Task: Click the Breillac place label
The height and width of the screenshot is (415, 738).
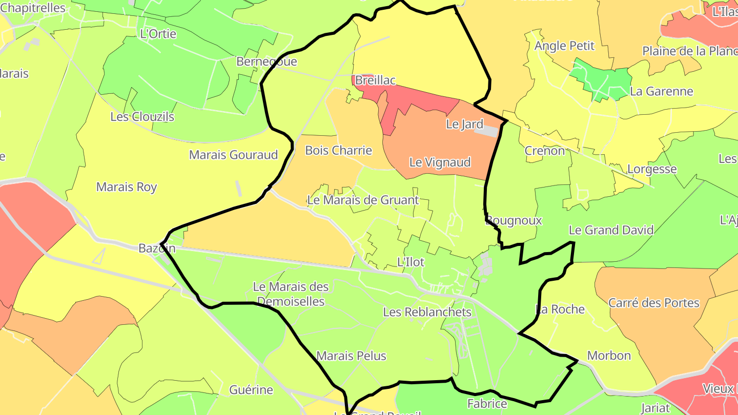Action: coord(376,80)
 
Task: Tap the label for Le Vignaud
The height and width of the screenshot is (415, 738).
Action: coord(440,162)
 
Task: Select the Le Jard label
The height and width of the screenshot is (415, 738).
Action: coord(464,124)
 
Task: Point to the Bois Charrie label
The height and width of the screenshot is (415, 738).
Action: coord(338,150)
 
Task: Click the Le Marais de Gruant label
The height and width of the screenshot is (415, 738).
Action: coord(363,200)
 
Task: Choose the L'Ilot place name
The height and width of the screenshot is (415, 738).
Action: coord(411,262)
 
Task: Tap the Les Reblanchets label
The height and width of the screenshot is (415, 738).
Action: coord(427,312)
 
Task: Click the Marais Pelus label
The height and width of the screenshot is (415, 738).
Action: coord(351,356)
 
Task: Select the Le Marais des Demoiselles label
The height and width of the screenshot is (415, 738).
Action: coord(291,294)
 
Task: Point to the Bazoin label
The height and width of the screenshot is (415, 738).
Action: coord(157,248)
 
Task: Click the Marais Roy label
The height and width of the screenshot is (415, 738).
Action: coord(127,187)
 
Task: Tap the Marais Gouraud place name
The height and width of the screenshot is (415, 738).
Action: coord(233,155)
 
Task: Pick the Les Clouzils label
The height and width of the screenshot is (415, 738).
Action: coord(142,116)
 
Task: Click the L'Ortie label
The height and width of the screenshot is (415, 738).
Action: coord(158,34)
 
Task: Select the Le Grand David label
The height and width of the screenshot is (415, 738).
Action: coord(611,230)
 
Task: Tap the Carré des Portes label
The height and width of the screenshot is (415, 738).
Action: coord(653,303)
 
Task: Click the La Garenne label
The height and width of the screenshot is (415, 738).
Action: coord(661,91)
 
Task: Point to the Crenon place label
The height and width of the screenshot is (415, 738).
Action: coord(544,151)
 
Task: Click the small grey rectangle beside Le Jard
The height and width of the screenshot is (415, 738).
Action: coord(486,131)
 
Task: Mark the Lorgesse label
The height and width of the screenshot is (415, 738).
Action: coord(652,169)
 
